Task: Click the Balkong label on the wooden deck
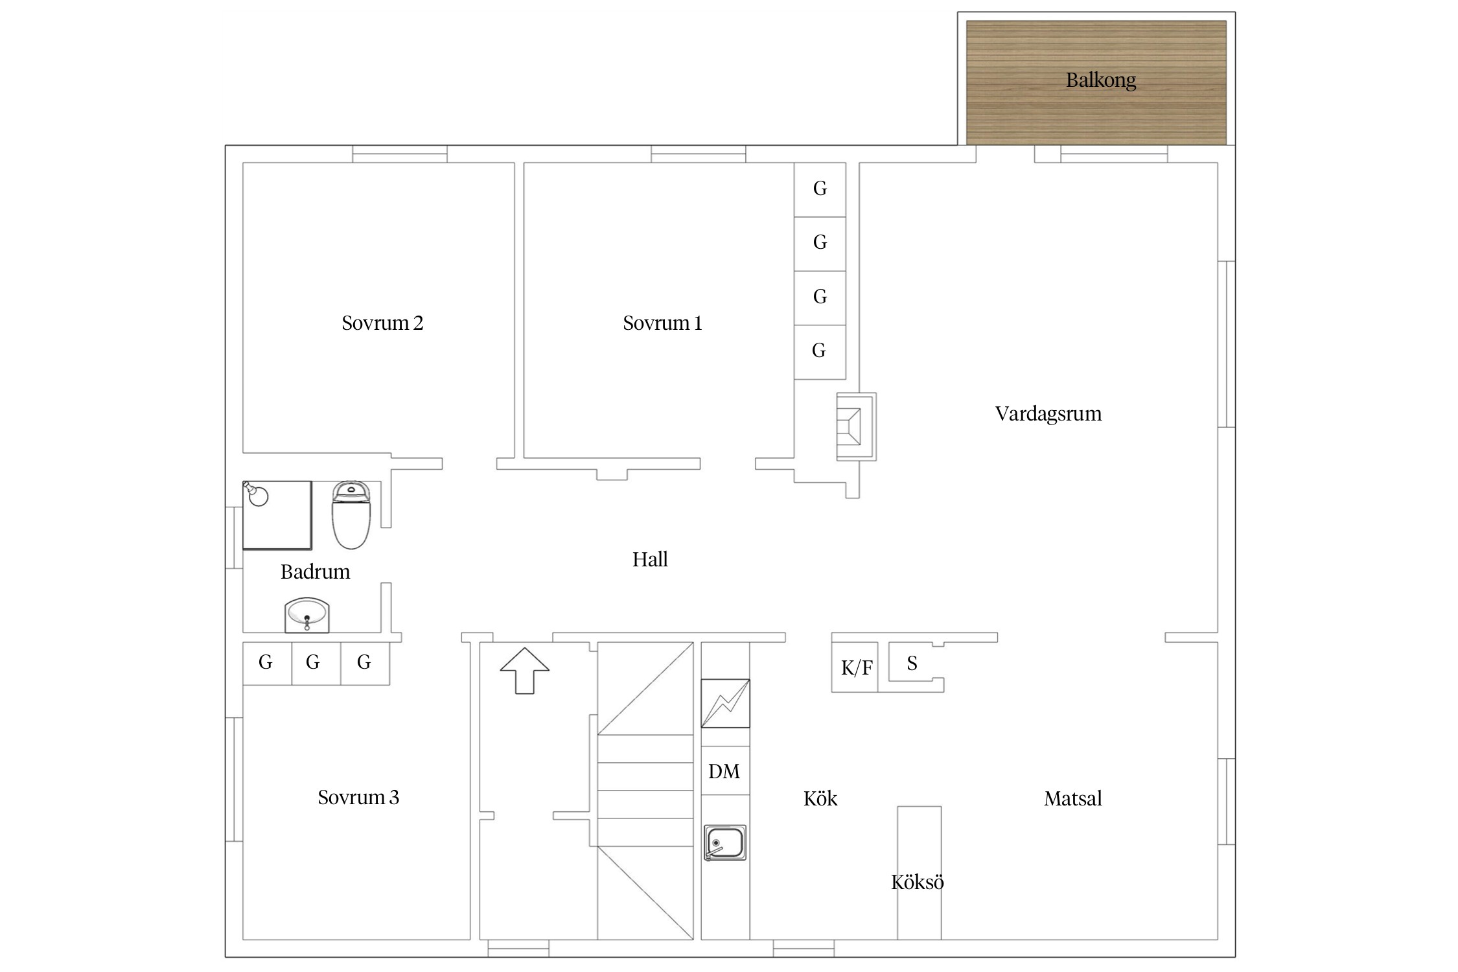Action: point(1100,80)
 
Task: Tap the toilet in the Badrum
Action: point(351,515)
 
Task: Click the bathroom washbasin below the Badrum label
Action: point(307,615)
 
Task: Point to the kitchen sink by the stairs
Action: point(725,842)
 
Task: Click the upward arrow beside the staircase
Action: point(525,671)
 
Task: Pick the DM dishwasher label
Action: point(724,771)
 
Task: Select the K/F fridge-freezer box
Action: point(855,667)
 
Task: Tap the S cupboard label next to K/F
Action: point(912,663)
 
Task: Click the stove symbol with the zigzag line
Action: point(725,703)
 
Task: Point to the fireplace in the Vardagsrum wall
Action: point(856,426)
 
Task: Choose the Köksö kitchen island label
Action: point(917,882)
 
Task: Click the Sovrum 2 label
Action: point(382,323)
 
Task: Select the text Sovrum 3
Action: point(358,797)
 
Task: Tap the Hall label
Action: point(650,559)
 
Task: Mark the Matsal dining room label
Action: point(1072,798)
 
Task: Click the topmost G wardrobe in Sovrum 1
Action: point(820,189)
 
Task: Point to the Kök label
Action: point(820,798)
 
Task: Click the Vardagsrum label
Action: point(1048,414)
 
